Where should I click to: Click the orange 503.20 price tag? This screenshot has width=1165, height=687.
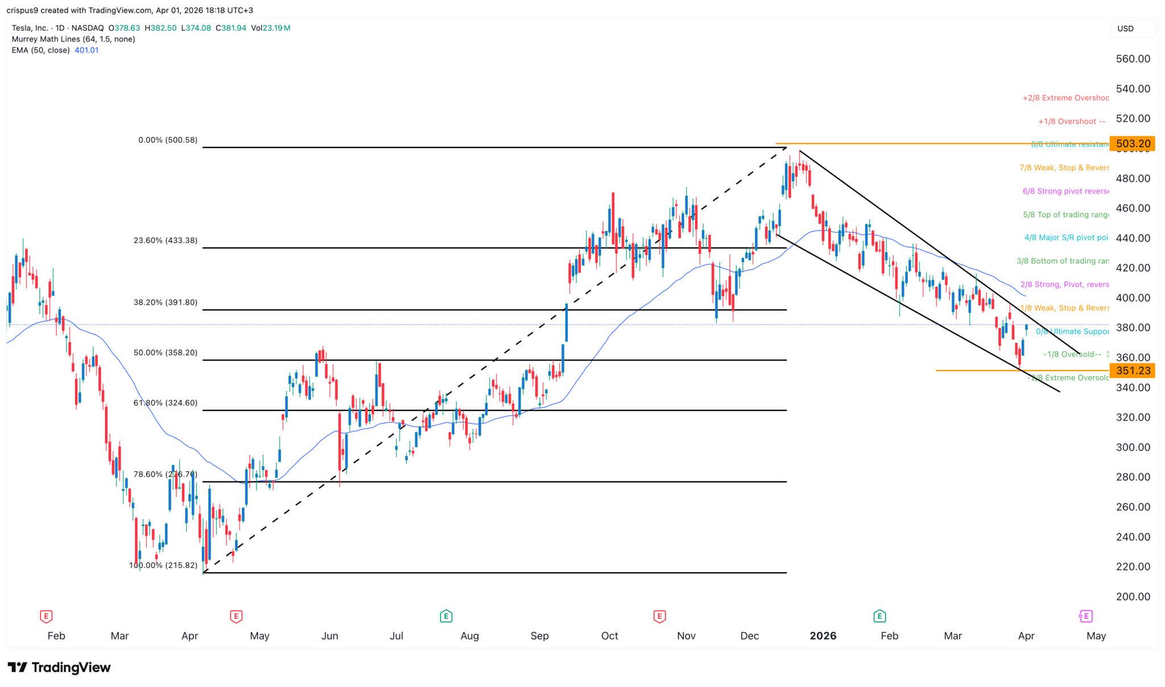pos(1133,144)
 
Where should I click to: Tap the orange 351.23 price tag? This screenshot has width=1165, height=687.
pos(1133,371)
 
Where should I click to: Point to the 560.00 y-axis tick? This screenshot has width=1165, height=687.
pos(1133,59)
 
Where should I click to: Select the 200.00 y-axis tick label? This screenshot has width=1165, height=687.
pos(1133,597)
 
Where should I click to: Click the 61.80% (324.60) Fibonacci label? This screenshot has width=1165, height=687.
pos(165,403)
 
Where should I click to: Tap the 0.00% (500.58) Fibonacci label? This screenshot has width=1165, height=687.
pos(168,140)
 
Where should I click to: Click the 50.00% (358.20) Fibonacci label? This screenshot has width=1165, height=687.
pos(165,353)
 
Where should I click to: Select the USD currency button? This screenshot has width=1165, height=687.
pos(1125,28)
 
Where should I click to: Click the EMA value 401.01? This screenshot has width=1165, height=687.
pos(86,50)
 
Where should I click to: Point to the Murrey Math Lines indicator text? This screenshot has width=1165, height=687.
pos(73,39)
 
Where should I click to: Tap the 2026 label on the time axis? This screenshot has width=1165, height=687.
pos(823,636)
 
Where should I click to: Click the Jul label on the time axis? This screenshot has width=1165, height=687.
pos(396,636)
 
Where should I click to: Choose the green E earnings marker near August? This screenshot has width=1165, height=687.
pos(446,616)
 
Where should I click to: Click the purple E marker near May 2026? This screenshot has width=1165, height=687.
pos(1085,616)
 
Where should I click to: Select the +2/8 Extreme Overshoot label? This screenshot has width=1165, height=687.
pos(1065,98)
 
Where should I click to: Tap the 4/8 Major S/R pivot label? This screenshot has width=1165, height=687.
pos(1066,238)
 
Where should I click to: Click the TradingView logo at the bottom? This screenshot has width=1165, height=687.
pos(59,667)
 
